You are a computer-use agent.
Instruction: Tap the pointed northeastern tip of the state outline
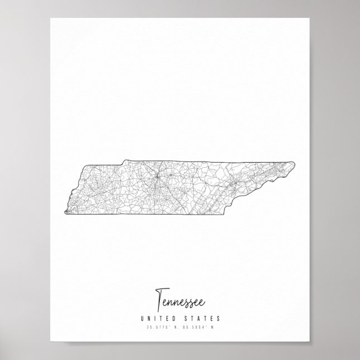coord(295,163)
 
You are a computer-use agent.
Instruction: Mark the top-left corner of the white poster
coord(50,18)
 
